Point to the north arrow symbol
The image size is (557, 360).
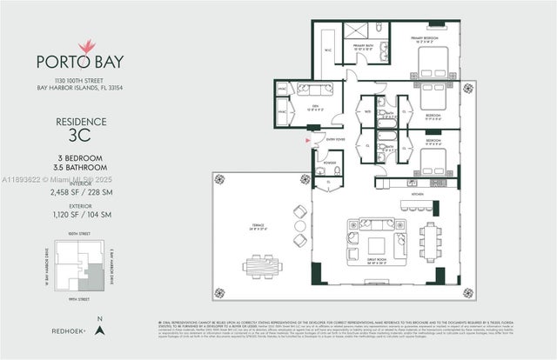[101, 329]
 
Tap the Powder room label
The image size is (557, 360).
[330, 162]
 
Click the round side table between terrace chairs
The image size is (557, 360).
[300, 226]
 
